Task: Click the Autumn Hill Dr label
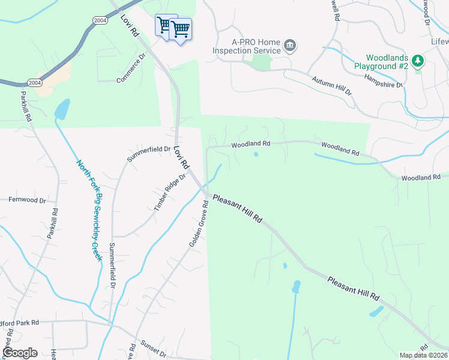click(331, 85)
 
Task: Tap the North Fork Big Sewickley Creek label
click(89, 209)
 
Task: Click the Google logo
click(19, 353)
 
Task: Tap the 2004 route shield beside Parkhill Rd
click(35, 82)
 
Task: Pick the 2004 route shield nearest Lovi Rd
click(100, 20)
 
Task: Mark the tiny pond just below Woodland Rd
click(256, 154)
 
